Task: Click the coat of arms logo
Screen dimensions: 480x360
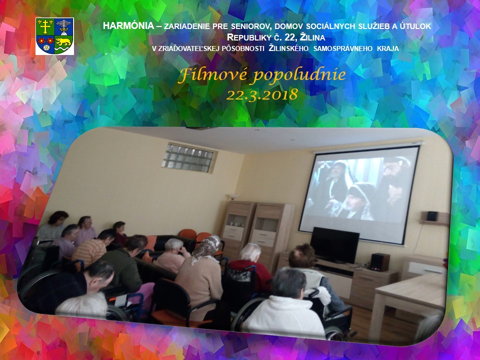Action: tap(54, 36)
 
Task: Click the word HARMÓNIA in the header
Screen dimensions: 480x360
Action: tap(128, 25)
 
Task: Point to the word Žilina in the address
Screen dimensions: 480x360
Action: tap(312, 37)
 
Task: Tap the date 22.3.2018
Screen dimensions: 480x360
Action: tap(262, 94)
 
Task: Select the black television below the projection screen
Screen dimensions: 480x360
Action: tap(334, 245)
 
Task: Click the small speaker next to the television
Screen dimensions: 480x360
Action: tap(380, 262)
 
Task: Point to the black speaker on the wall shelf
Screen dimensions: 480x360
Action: tap(431, 216)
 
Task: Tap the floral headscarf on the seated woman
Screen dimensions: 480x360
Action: tap(206, 248)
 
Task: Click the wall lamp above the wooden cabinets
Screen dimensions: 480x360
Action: tap(233, 196)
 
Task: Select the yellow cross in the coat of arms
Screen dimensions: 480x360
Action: tap(45, 26)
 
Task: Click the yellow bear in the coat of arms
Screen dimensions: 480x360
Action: tap(63, 41)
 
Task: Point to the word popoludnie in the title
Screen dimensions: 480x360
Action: tap(299, 76)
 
